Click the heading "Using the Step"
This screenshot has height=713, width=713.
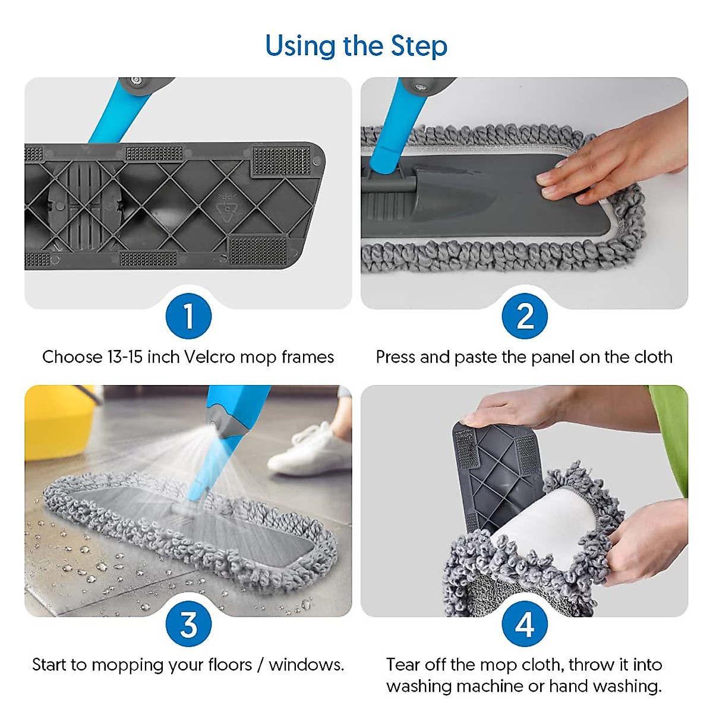coord(356,46)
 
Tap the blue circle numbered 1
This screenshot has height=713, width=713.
coord(189,316)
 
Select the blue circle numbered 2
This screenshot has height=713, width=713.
coord(525,316)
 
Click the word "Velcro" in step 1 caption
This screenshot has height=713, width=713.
coord(209,357)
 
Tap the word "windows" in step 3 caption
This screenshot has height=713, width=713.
coord(305,665)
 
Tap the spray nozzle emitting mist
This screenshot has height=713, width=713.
coord(213,424)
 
